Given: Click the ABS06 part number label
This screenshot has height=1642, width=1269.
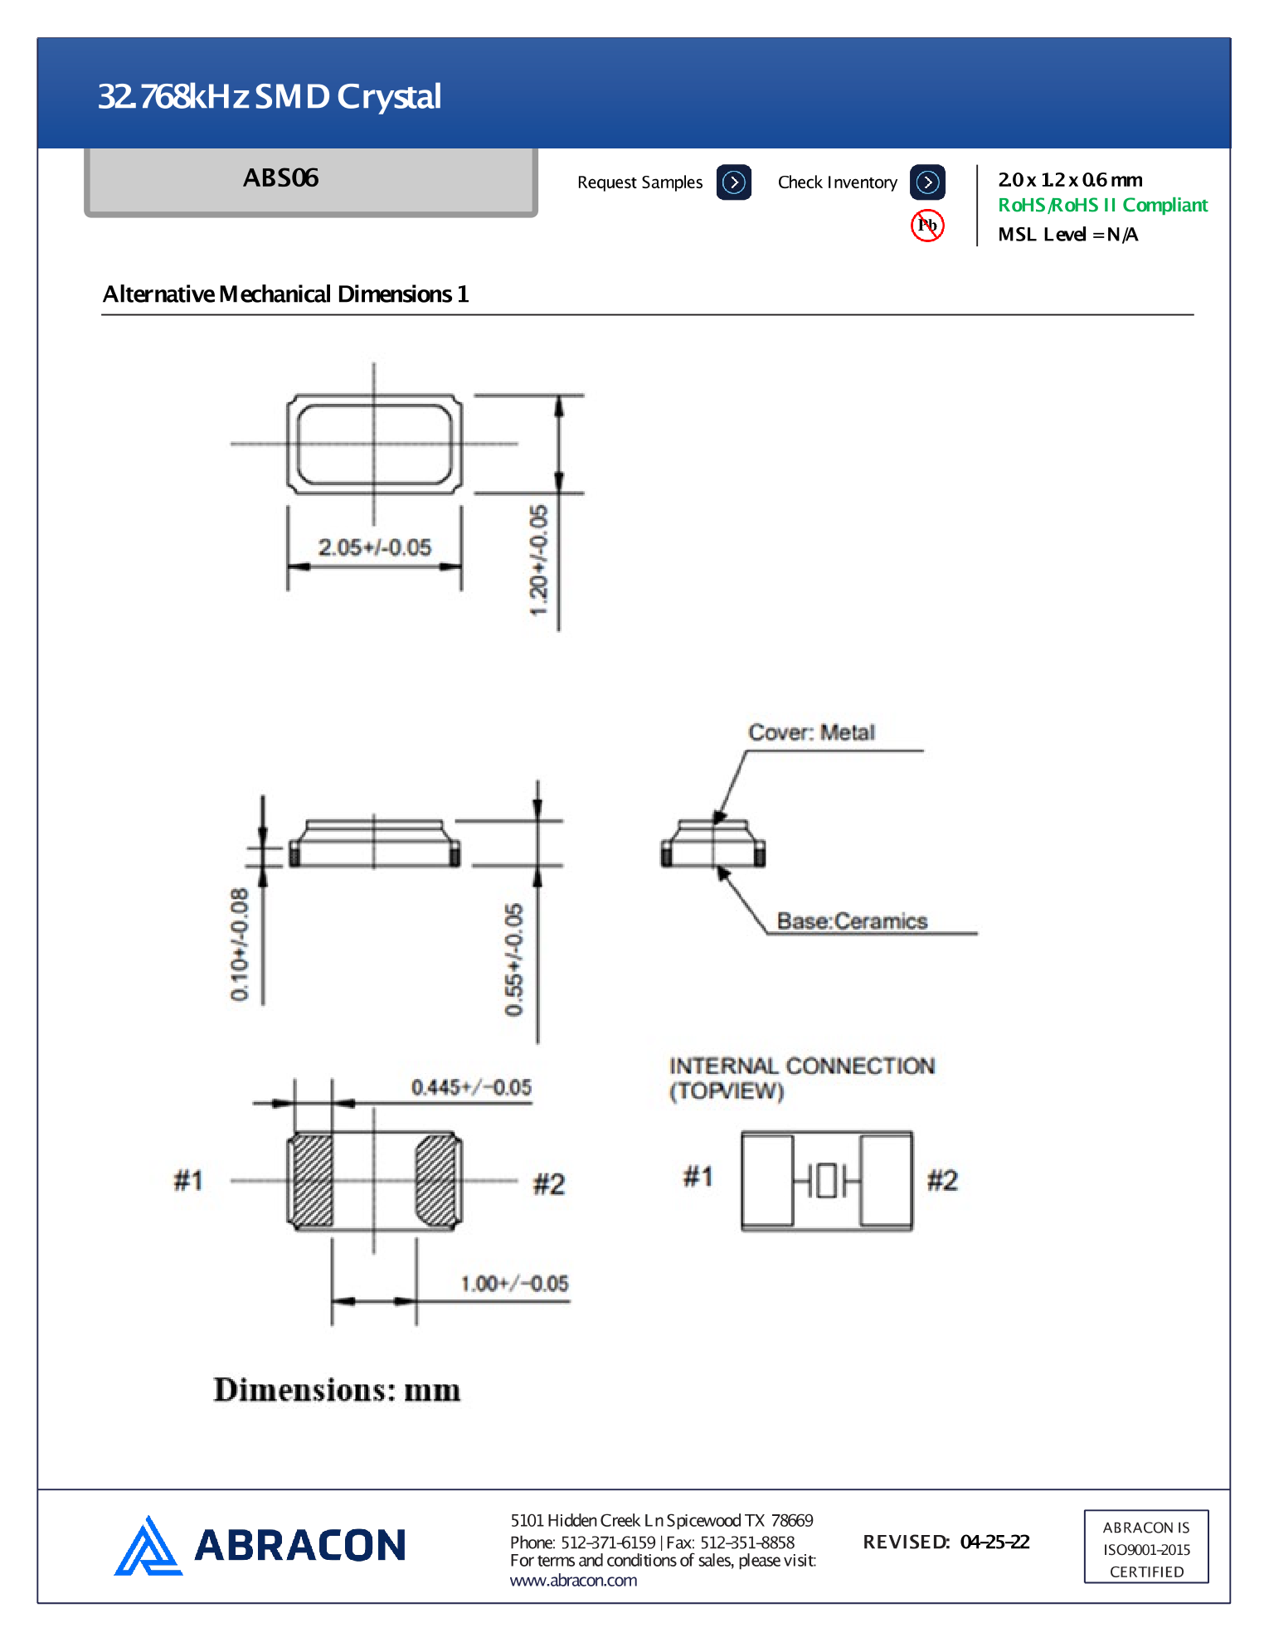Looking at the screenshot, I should tap(281, 178).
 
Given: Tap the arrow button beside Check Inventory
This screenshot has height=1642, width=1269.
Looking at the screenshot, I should tap(927, 182).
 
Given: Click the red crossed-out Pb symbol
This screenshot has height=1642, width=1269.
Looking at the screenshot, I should tap(927, 226).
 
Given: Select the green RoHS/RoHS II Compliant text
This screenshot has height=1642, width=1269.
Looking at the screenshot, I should tap(1102, 206).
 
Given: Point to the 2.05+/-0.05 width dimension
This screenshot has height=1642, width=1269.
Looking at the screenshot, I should tap(375, 548).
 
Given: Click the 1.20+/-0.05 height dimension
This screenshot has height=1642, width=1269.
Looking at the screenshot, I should tap(539, 561).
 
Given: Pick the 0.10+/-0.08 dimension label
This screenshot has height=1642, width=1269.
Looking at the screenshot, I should tap(240, 944).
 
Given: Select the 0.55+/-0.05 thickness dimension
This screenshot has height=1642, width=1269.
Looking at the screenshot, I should tap(514, 959).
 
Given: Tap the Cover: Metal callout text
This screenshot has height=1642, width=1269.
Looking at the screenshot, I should tap(811, 733).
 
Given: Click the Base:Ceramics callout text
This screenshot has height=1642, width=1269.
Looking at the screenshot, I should tap(852, 921).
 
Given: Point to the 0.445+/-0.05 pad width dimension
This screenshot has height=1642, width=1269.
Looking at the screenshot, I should tap(471, 1088).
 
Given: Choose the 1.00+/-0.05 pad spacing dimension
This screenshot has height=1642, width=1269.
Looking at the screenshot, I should tap(514, 1285).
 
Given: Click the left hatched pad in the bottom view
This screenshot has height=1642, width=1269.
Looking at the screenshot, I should tap(313, 1180).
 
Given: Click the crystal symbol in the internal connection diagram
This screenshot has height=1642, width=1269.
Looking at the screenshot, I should tap(827, 1180).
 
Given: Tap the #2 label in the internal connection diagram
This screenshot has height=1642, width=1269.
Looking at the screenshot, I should tap(942, 1180).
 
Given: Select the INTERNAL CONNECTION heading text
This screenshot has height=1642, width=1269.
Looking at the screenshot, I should tap(801, 1066).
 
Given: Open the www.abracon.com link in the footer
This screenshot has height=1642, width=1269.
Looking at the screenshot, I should tap(573, 1581).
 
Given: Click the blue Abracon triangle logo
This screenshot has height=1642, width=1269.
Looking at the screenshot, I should tap(147, 1547).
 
